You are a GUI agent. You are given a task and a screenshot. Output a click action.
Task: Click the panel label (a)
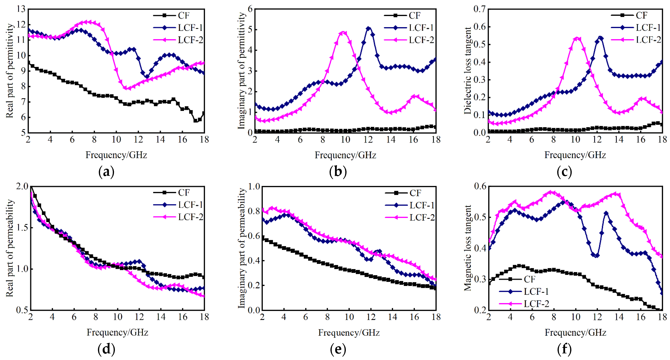106,172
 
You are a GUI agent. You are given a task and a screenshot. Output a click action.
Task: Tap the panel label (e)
338,349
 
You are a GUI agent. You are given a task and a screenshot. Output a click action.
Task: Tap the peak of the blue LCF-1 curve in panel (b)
368,28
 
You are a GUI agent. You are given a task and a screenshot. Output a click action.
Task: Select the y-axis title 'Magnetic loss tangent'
467,248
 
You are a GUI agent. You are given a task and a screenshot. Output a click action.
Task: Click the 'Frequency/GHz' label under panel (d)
117,332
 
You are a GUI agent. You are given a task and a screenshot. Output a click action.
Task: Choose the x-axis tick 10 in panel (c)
575,140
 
